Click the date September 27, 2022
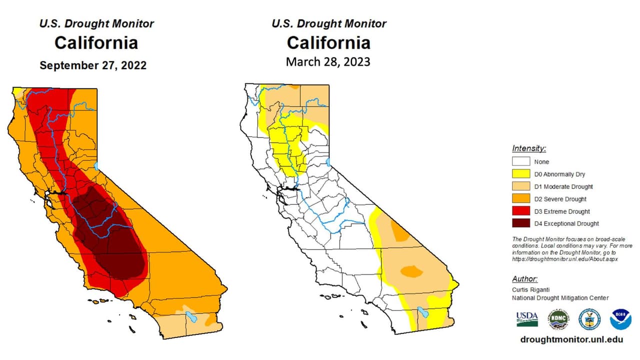(x=93, y=65)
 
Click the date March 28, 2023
(x=328, y=62)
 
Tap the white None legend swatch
(x=520, y=162)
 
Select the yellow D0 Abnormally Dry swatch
(x=520, y=174)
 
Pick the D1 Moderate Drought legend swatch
(x=520, y=186)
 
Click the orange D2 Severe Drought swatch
(x=520, y=199)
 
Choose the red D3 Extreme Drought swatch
(x=520, y=211)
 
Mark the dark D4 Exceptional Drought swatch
(x=520, y=223)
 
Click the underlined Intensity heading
(x=529, y=148)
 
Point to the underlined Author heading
(x=525, y=279)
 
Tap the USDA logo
(x=527, y=318)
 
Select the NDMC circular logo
(x=558, y=319)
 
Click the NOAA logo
(x=620, y=319)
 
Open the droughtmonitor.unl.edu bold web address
(x=571, y=339)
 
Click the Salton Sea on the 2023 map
(x=423, y=313)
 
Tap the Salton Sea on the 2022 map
(x=191, y=316)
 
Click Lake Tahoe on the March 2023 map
(x=329, y=162)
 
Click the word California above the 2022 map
(x=96, y=43)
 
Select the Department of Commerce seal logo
(x=589, y=319)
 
